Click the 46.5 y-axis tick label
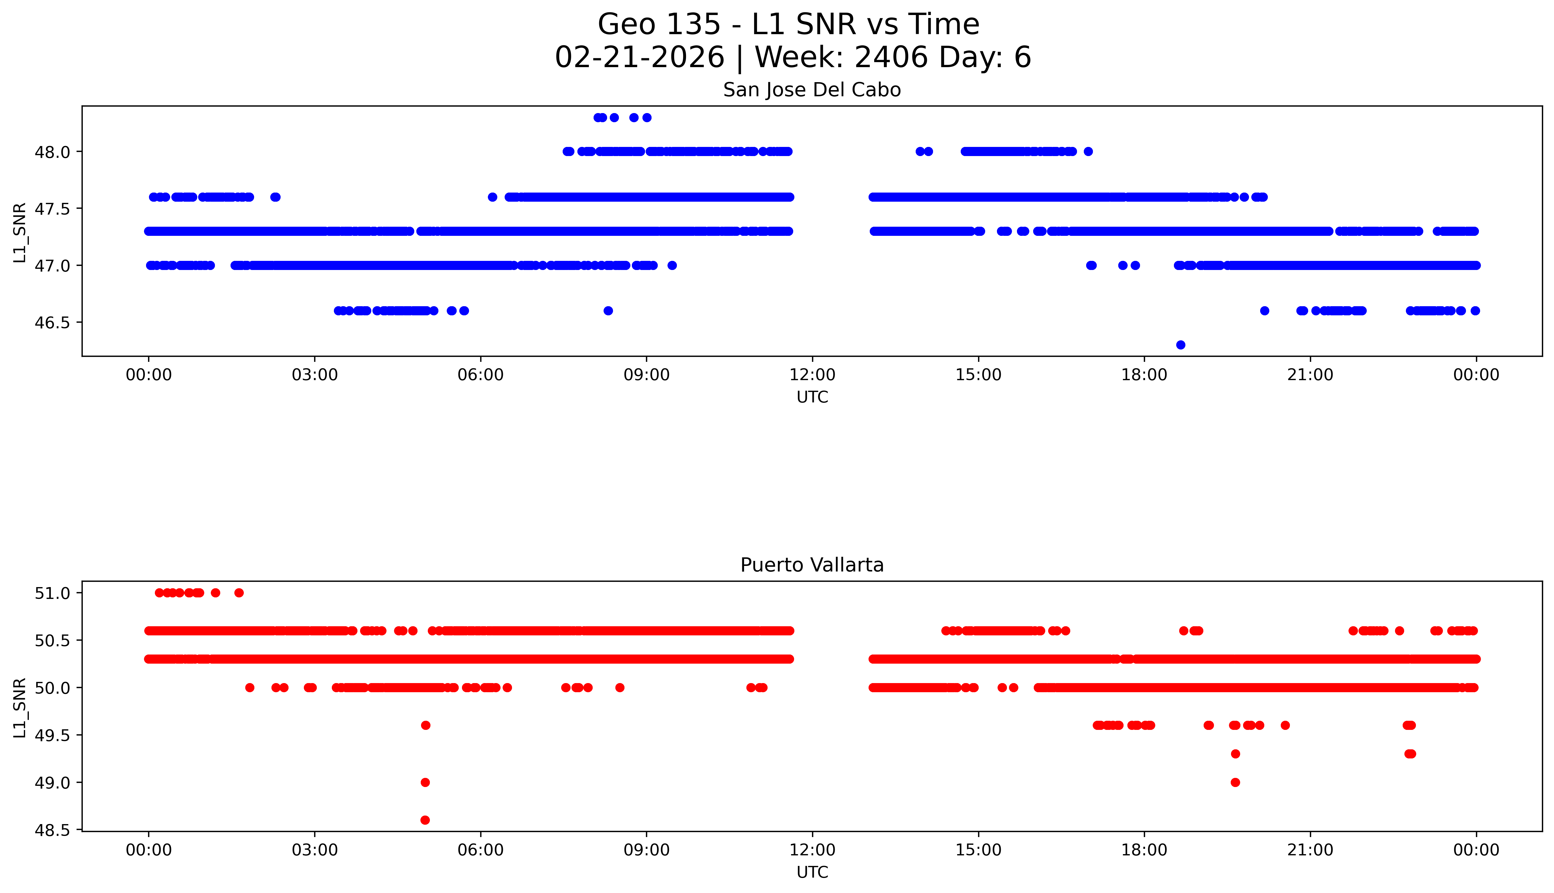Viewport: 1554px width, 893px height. [x=52, y=323]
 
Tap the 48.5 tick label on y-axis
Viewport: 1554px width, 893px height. [x=52, y=830]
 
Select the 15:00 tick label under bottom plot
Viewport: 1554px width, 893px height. [x=978, y=850]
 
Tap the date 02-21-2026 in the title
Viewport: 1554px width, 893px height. [x=640, y=57]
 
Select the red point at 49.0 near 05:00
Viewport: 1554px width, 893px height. [x=425, y=782]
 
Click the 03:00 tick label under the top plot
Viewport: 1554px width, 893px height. [x=315, y=375]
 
